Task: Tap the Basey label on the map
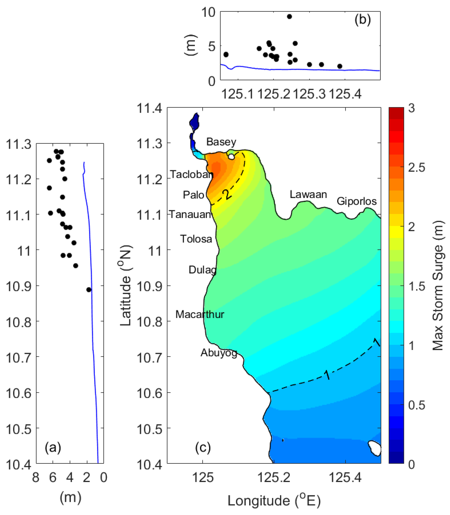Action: [x=221, y=142]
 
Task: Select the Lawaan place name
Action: [x=308, y=195]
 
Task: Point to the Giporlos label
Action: [x=357, y=201]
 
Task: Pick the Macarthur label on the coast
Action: [x=200, y=314]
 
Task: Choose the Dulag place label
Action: [x=202, y=270]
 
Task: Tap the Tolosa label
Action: [x=196, y=239]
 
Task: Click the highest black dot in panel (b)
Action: [x=289, y=17]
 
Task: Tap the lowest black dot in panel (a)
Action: [x=89, y=290]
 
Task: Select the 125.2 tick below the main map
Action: [x=274, y=478]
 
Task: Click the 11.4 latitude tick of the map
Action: [x=149, y=108]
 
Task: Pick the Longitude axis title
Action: [x=274, y=501]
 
